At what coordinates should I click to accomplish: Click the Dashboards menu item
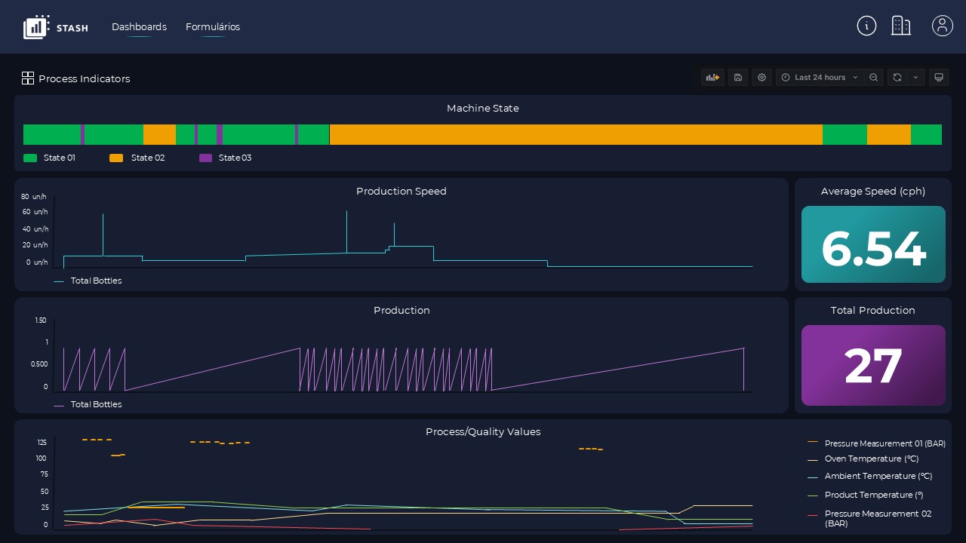(139, 27)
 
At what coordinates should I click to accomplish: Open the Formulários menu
(213, 27)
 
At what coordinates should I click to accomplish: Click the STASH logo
(56, 27)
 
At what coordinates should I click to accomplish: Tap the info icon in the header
(866, 26)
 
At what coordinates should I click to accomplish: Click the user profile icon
(942, 26)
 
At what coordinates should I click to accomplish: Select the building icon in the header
(901, 26)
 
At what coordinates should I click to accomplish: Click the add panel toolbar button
(712, 78)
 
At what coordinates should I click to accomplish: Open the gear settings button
(761, 78)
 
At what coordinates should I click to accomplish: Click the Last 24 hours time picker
(820, 78)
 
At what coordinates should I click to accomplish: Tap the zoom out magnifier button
(874, 78)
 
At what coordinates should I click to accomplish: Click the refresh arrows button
(897, 78)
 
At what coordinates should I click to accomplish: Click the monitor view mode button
(939, 78)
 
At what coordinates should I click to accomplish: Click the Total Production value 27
(873, 367)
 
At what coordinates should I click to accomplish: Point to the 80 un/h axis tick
(34, 197)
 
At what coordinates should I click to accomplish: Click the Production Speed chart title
(401, 192)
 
